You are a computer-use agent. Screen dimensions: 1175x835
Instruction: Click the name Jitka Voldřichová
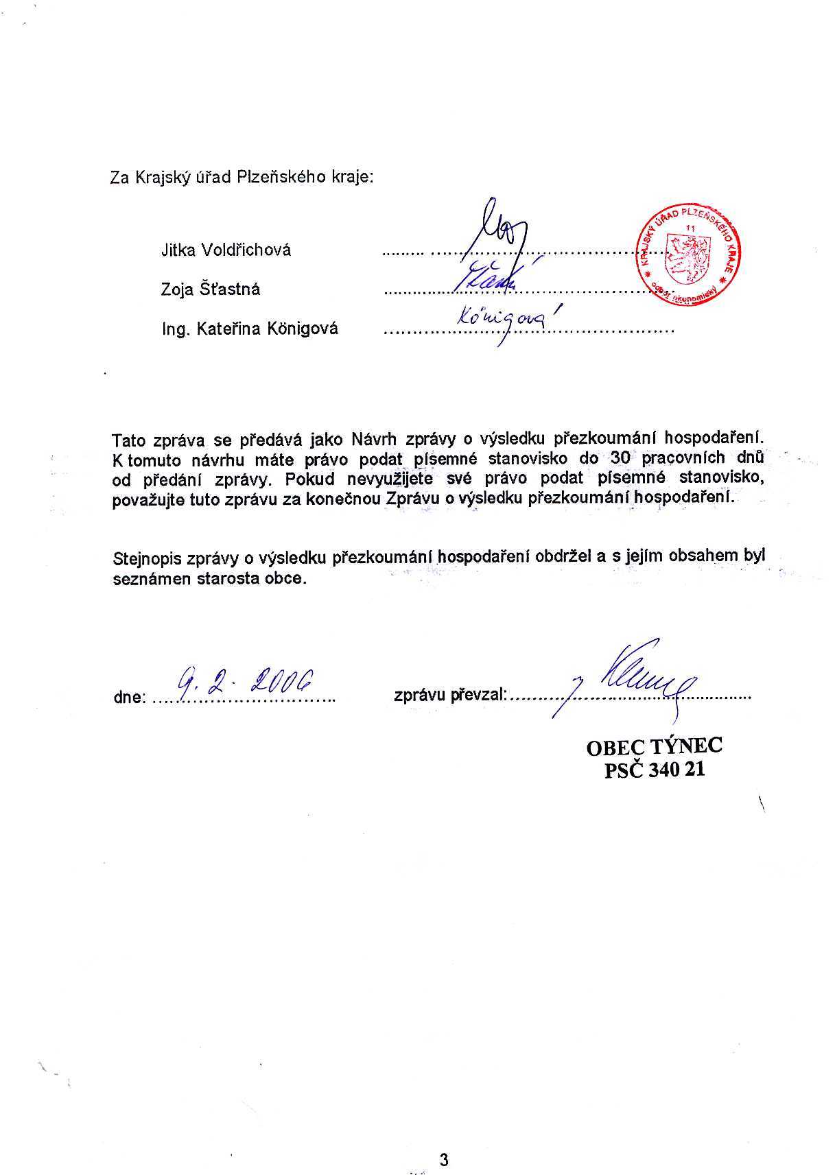[x=226, y=250]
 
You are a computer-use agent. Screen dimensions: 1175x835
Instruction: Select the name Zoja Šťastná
[x=211, y=289]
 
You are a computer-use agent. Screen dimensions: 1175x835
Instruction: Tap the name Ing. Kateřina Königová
[x=250, y=329]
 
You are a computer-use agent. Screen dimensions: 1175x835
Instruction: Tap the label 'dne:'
[x=129, y=698]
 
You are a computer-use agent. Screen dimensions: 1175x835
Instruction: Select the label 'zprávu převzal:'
[x=450, y=696]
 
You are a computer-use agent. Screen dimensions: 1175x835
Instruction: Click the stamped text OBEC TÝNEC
[x=654, y=746]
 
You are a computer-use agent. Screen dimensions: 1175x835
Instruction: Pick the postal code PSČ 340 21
[x=654, y=770]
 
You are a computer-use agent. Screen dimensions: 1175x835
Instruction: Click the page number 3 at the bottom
[x=444, y=1141]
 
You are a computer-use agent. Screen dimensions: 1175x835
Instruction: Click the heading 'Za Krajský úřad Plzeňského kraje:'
[x=242, y=177]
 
